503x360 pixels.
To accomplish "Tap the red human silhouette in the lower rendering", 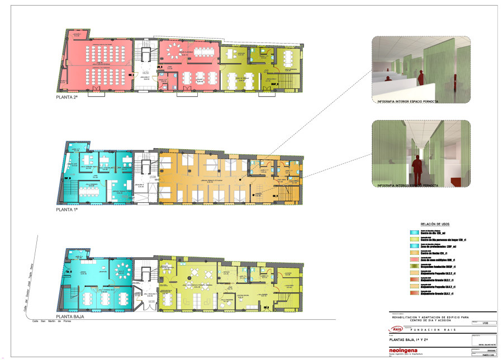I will tap(415, 167).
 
